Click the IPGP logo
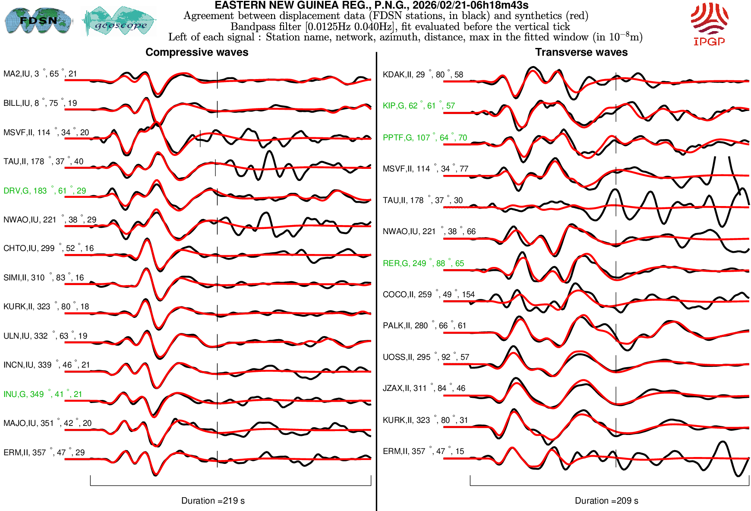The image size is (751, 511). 709,24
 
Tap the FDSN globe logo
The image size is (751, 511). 38,20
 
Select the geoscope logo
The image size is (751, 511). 120,21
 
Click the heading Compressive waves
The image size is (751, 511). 197,52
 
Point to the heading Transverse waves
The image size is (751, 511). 581,52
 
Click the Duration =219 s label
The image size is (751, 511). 213,501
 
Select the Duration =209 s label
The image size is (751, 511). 606,501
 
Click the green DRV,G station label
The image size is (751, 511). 44,190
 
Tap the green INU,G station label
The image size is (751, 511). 43,394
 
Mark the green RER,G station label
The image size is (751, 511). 423,263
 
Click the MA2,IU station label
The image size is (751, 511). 40,74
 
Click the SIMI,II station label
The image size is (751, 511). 44,277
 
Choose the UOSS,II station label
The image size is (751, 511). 426,357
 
